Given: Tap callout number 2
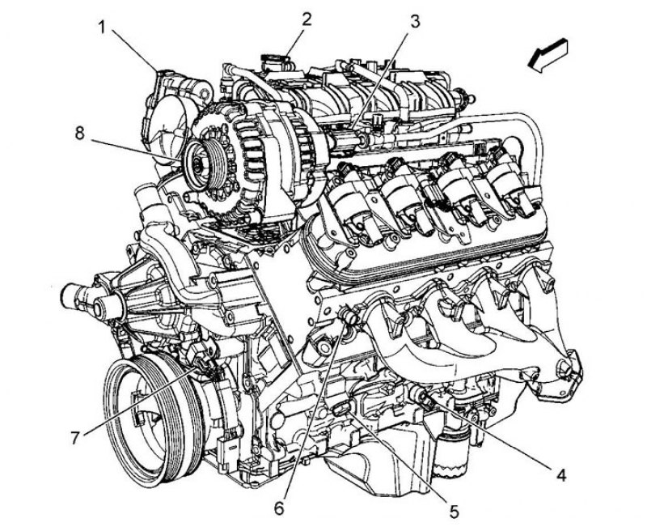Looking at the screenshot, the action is (x=306, y=19).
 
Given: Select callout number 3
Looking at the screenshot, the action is (x=414, y=22).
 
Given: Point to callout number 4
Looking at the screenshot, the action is (x=560, y=475).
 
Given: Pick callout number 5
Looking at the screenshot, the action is (x=454, y=512).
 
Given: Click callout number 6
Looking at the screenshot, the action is (x=279, y=508).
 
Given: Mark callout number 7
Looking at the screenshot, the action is (x=74, y=438).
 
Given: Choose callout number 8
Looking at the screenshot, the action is (x=79, y=133).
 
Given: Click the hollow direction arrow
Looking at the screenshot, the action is (x=548, y=55).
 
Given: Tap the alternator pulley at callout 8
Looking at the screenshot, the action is (x=204, y=164).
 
